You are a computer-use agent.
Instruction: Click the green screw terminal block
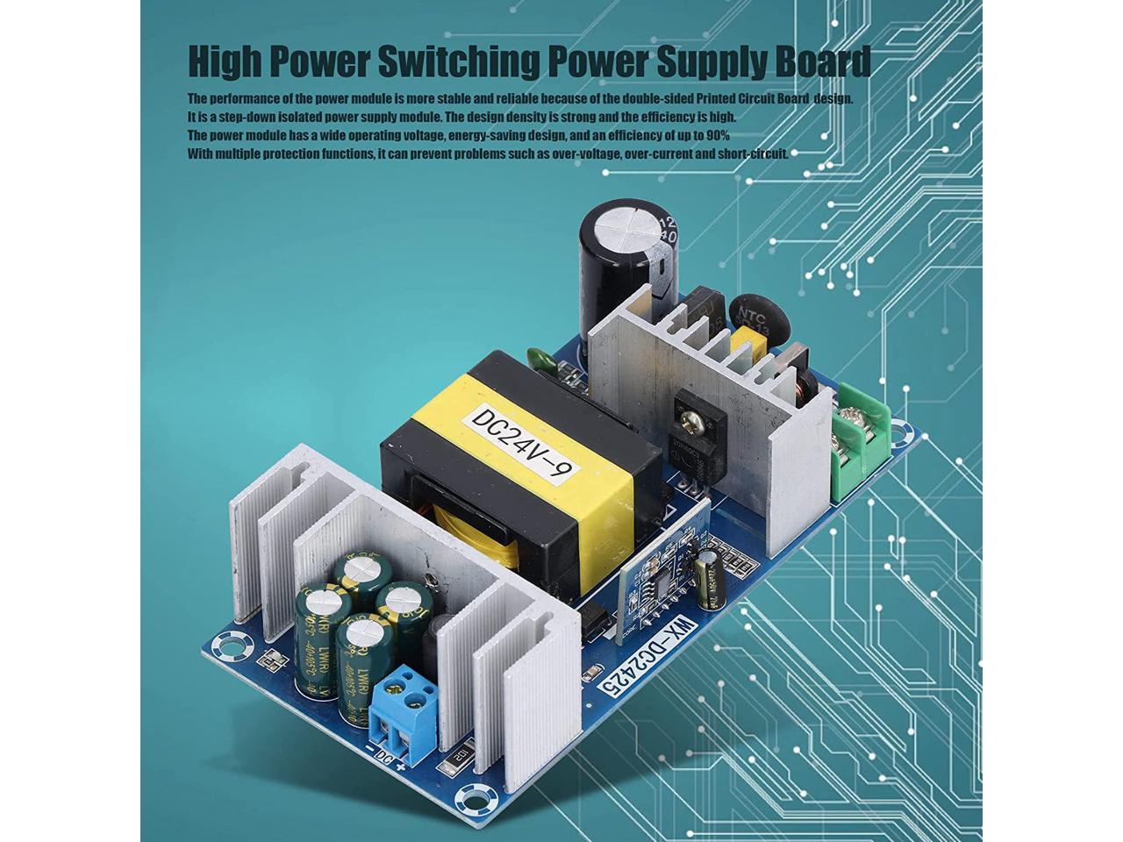click(x=861, y=440)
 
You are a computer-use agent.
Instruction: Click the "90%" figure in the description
click(x=714, y=136)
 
